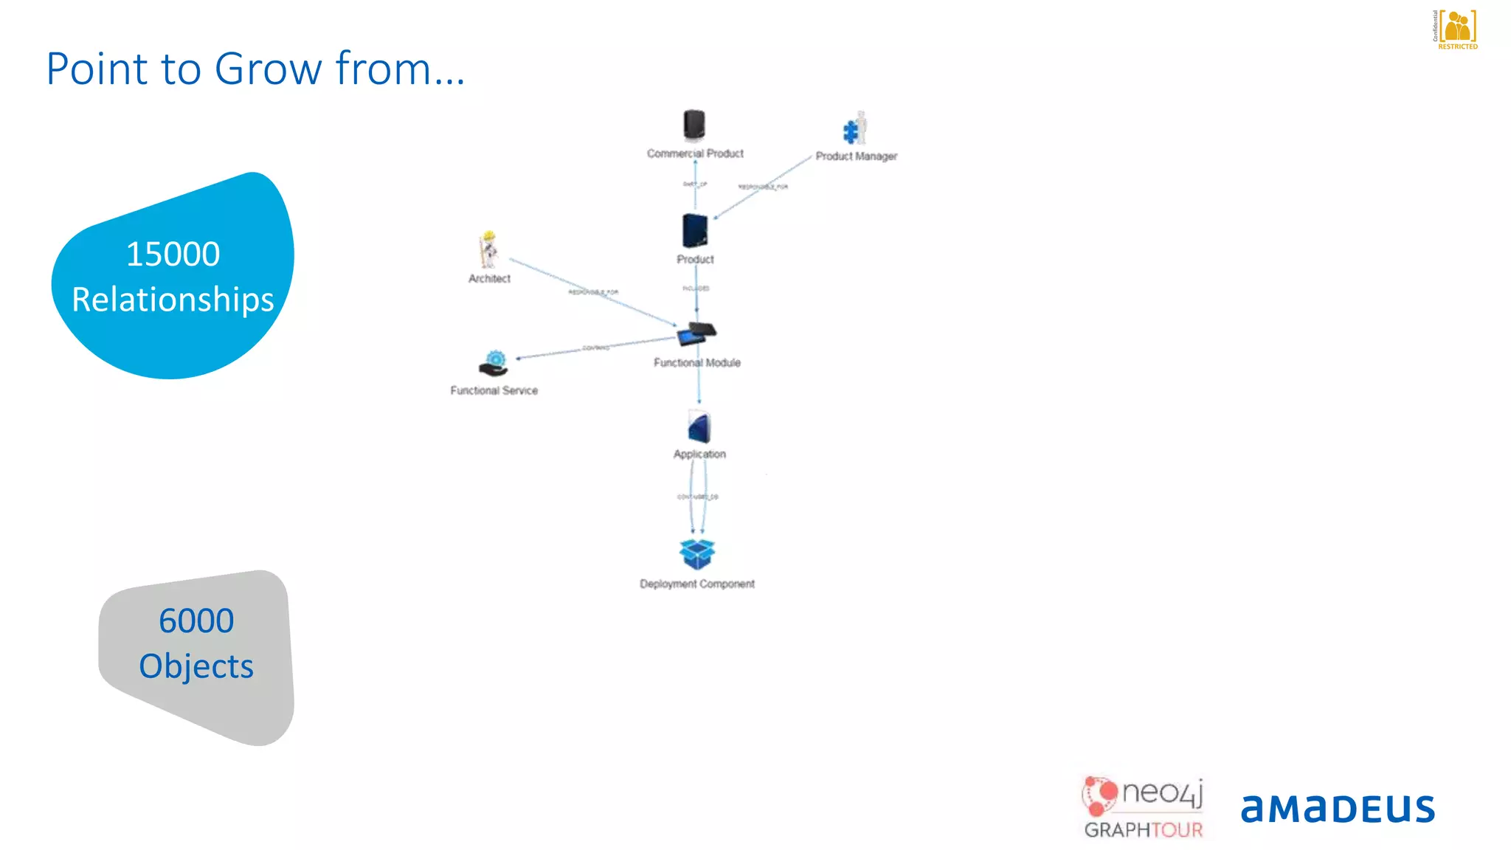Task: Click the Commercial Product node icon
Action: pyautogui.click(x=694, y=125)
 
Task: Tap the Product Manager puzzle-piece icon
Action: pyautogui.click(x=854, y=129)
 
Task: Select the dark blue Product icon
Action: pyautogui.click(x=694, y=230)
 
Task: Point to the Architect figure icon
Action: pyautogui.click(x=488, y=249)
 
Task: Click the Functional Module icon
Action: pyautogui.click(x=696, y=334)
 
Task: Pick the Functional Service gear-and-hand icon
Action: pyautogui.click(x=494, y=364)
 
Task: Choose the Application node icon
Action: pyautogui.click(x=699, y=427)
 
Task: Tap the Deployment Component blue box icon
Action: pyautogui.click(x=697, y=554)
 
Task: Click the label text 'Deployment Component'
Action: pyautogui.click(x=697, y=584)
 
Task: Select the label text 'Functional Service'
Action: pyautogui.click(x=494, y=390)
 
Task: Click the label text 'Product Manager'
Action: pyautogui.click(x=857, y=156)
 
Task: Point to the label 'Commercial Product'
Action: pyautogui.click(x=695, y=153)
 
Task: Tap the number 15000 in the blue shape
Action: pyautogui.click(x=173, y=254)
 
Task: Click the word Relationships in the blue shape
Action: pyautogui.click(x=173, y=300)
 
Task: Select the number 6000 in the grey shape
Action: pyautogui.click(x=196, y=621)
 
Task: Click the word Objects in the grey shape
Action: pyautogui.click(x=196, y=666)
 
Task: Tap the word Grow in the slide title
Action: pyautogui.click(x=269, y=69)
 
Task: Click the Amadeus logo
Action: pyautogui.click(x=1338, y=809)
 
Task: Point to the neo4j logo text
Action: pyautogui.click(x=1162, y=792)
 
